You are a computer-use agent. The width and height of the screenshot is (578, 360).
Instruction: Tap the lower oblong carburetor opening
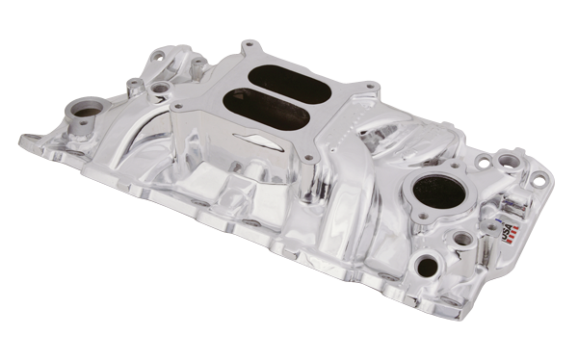click(266, 109)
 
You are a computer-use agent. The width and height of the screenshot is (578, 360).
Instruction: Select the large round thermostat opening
click(439, 193)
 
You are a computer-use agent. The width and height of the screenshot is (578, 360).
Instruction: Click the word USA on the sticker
click(508, 230)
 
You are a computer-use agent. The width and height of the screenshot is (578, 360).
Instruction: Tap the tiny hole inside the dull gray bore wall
click(84, 123)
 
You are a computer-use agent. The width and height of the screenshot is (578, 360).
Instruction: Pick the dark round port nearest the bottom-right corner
click(427, 266)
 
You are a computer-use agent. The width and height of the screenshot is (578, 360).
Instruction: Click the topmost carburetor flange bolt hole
click(249, 44)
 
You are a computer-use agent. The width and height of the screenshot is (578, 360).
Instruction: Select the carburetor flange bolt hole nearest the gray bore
click(179, 107)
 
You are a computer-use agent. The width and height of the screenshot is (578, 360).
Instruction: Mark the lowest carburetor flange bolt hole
click(309, 158)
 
